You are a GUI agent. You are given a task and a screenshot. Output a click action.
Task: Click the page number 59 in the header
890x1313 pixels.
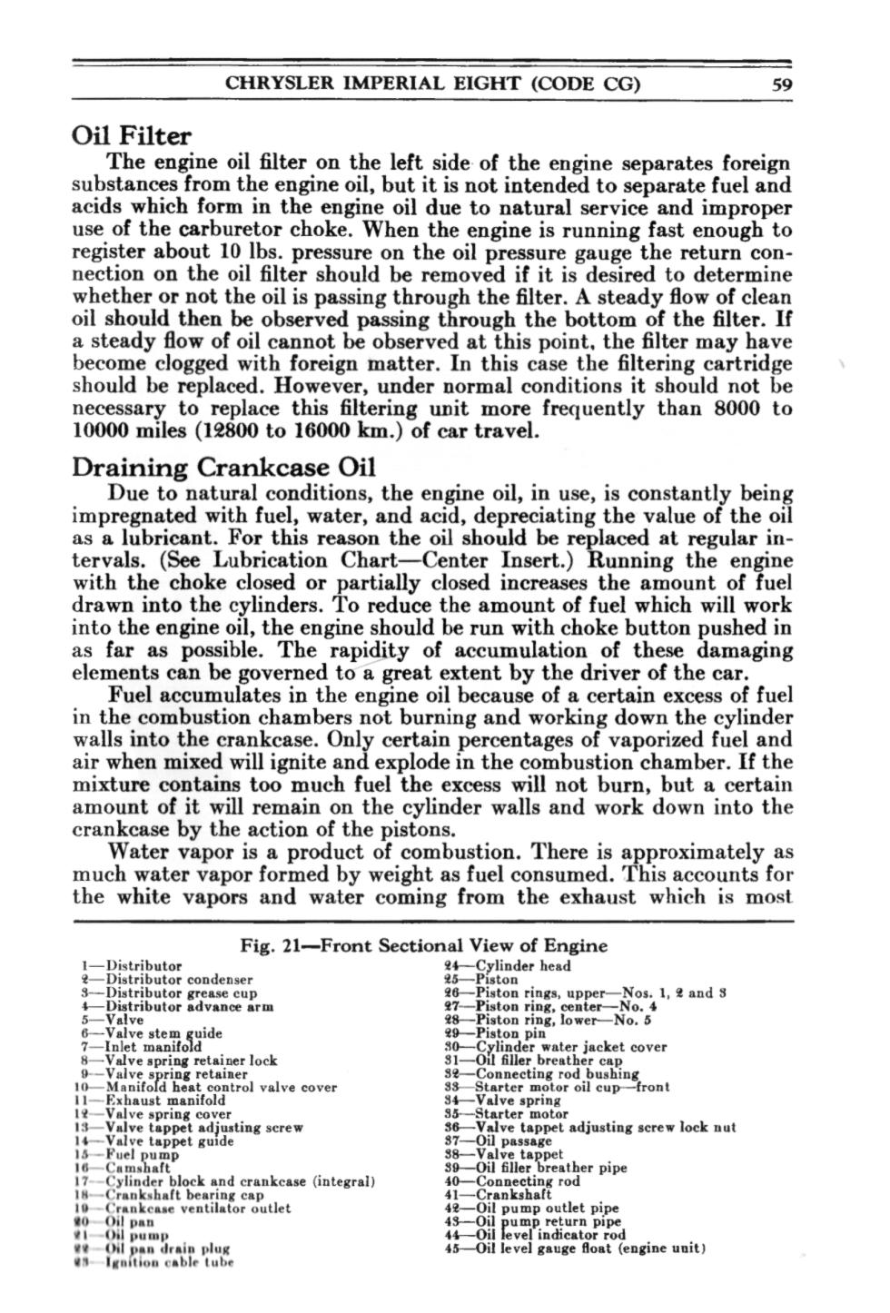click(778, 85)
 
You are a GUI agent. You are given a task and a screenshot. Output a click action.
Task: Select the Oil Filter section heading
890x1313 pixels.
click(132, 136)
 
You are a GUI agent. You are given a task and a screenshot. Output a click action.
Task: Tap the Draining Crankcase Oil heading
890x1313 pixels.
click(223, 468)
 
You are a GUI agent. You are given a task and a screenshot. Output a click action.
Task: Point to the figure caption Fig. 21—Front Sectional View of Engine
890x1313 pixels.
click(423, 945)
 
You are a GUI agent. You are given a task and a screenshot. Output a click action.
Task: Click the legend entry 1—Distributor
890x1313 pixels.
click(132, 965)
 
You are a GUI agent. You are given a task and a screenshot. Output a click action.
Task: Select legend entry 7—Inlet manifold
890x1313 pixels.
click(141, 1046)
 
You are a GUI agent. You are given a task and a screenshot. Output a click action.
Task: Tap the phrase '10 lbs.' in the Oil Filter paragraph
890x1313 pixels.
click(243, 252)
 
